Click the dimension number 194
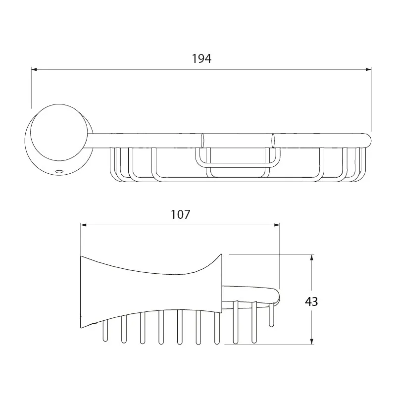click(201, 58)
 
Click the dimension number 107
click(180, 214)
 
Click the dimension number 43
click(311, 301)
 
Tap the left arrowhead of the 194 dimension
click(34, 69)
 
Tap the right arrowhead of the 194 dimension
click(368, 69)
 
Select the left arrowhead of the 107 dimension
click(84, 225)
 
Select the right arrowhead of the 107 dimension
click(277, 225)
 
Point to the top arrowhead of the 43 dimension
click(312, 257)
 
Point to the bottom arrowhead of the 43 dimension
click(312, 341)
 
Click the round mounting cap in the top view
click(59, 132)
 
